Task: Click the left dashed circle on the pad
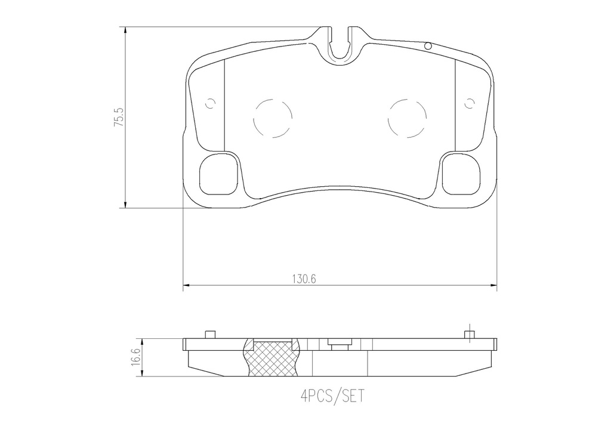pyautogui.click(x=273, y=117)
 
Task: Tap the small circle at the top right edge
pyautogui.click(x=427, y=45)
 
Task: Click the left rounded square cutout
pyautogui.click(x=218, y=174)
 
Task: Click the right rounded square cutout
pyautogui.click(x=462, y=174)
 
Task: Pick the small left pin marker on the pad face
pyautogui.click(x=209, y=104)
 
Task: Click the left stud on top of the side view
pyautogui.click(x=209, y=335)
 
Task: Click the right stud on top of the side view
pyautogui.click(x=470, y=334)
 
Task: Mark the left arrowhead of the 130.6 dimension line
pyautogui.click(x=186, y=287)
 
